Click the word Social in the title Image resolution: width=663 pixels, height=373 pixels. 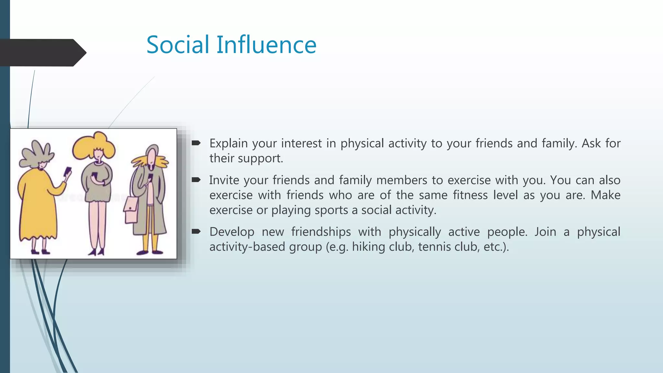(178, 45)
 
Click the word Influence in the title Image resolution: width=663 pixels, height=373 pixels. (266, 45)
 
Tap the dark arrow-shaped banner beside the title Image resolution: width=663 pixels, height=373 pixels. (42, 52)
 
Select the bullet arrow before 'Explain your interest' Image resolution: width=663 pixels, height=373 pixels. (196, 143)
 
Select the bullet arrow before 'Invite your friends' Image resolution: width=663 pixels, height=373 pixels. (196, 180)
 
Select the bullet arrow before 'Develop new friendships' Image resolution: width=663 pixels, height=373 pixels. (196, 231)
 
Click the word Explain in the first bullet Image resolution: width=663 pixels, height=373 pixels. (229, 143)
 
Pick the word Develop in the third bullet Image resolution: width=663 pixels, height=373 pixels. (232, 232)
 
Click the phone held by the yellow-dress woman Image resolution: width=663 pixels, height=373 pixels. (68, 171)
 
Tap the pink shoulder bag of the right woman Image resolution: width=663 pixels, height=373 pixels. (131, 210)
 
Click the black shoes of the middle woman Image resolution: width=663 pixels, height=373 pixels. (97, 252)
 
